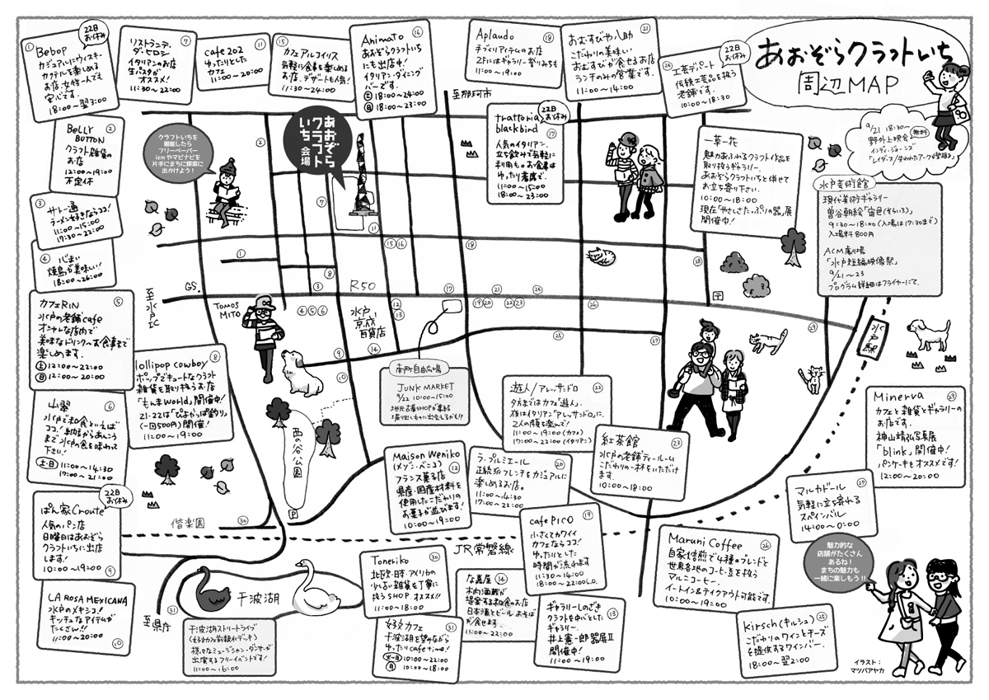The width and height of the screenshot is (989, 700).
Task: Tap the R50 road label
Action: (x=363, y=285)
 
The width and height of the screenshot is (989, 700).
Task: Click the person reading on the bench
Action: (x=227, y=192)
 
